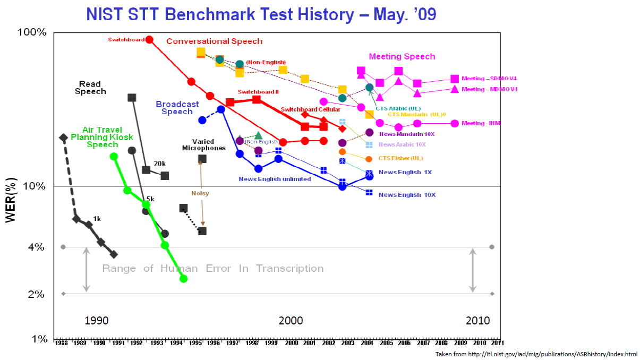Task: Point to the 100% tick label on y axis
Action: click(32, 33)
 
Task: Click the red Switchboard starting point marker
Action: click(150, 40)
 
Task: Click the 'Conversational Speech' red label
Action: click(215, 41)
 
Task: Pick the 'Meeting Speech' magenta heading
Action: click(402, 57)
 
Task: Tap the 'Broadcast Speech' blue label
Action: click(177, 108)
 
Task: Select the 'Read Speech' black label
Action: click(90, 88)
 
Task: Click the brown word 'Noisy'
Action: click(200, 193)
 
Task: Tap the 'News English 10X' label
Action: click(407, 195)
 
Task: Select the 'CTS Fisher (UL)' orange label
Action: click(400, 158)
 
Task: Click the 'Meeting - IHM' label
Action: click(481, 123)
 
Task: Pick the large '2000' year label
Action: click(291, 321)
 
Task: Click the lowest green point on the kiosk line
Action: click(184, 279)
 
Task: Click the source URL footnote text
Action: click(536, 354)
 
